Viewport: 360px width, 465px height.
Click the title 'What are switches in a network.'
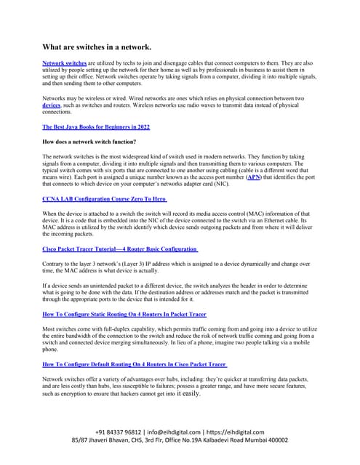pyautogui.click(x=97, y=47)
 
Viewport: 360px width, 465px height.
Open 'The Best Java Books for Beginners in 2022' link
pyautogui.click(x=96, y=126)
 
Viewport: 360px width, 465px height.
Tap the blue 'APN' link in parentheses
pyautogui.click(x=254, y=177)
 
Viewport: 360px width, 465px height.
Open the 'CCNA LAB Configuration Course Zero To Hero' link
pyautogui.click(x=105, y=198)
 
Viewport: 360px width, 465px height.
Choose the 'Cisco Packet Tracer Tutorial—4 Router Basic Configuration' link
pyautogui.click(x=119, y=248)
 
